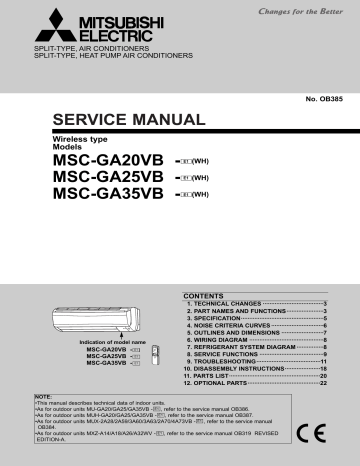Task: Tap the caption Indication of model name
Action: click(110, 342)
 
